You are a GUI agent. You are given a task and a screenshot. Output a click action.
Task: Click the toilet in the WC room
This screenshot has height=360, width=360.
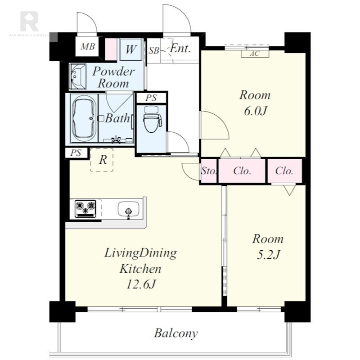pos(152,119)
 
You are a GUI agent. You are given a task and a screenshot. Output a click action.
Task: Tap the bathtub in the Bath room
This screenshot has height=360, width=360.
pos(84,118)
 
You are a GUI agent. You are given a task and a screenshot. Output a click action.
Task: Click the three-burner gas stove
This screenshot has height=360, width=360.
pos(85,209)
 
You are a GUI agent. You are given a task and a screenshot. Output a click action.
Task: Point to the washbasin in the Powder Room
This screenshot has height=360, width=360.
pos(77,76)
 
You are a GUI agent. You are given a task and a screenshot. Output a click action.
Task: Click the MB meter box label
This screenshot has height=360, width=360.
pos(88,47)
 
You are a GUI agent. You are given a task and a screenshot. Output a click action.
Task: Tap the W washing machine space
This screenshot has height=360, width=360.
pos(130,49)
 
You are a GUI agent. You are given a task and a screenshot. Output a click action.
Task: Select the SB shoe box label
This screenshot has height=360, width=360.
pos(153,50)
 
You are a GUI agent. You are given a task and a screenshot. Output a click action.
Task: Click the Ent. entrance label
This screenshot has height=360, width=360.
pos(180,49)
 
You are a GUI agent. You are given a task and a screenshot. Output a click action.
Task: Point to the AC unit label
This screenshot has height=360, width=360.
pos(255,54)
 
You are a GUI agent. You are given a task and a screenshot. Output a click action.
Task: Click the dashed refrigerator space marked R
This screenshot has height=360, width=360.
pos(102,160)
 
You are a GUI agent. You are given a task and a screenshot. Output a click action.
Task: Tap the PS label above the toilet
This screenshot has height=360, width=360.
pos(151,98)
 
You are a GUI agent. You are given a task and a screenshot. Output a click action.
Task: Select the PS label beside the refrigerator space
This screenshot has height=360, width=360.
pos(76,153)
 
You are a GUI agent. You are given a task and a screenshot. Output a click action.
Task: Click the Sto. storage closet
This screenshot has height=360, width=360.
pos(208,171)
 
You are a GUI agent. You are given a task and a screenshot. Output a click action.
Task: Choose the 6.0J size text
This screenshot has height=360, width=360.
pos(255,111)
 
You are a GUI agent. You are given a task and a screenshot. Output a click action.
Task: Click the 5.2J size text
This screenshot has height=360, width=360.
pos(268,255)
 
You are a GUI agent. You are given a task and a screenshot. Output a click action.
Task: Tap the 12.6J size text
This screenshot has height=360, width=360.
pos(141,284)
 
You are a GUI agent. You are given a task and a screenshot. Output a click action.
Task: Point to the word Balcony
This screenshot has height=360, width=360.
pos(176,333)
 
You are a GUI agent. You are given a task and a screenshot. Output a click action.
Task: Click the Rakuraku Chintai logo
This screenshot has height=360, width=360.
pos(29,24)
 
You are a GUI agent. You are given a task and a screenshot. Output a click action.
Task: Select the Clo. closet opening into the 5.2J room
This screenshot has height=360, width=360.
pos(284,171)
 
